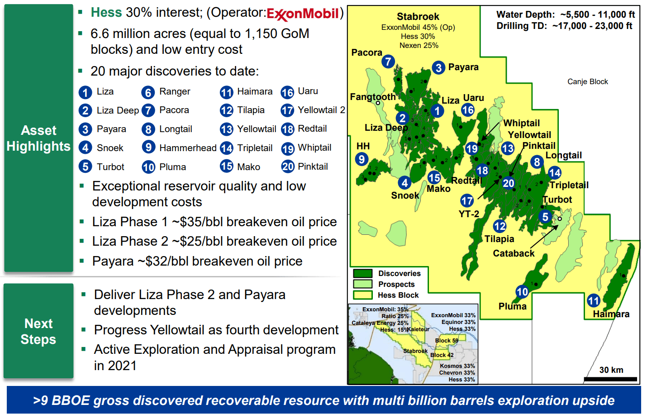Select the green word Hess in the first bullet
[106, 13]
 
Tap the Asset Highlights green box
[38, 138]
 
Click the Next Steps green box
[38, 331]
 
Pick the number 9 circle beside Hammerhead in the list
[148, 147]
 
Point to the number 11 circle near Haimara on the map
[594, 300]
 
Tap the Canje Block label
[587, 81]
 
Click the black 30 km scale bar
[610, 379]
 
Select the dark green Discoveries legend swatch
[362, 273]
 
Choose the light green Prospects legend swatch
[362, 284]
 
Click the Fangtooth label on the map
[372, 97]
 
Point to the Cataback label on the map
[514, 253]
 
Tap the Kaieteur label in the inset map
[418, 329]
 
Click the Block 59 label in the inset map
[447, 341]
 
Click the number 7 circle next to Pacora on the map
[388, 62]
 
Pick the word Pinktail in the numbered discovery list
[313, 167]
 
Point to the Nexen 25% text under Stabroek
[419, 45]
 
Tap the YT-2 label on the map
[469, 214]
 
